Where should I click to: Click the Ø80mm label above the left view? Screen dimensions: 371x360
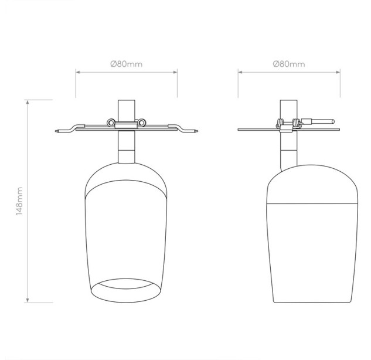(127, 64)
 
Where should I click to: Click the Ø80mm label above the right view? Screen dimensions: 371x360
(289, 64)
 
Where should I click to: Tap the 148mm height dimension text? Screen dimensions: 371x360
(19, 201)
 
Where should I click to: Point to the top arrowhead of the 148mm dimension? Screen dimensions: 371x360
(28, 102)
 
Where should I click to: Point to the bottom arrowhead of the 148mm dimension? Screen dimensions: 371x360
(28, 300)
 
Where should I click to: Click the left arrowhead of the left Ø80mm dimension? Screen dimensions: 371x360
(78, 72)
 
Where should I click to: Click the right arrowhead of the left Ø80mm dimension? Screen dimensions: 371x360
(175, 72)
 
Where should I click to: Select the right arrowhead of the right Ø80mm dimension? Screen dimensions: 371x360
(338, 72)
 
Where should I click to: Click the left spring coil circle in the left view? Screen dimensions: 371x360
(111, 123)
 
